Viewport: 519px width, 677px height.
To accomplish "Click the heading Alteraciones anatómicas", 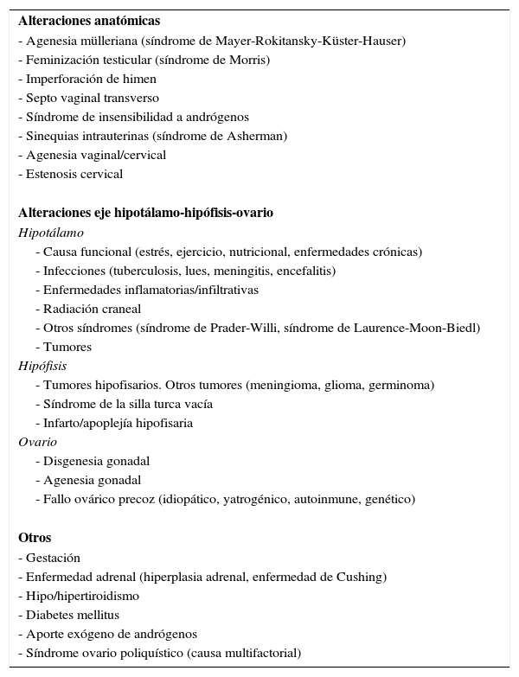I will point(77,22).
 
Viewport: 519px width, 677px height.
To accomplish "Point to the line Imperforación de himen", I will point(75,79).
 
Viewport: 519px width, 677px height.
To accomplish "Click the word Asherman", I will point(257,136).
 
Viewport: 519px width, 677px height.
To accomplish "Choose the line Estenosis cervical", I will point(71,174).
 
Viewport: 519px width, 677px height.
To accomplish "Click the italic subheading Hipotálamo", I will point(51,233).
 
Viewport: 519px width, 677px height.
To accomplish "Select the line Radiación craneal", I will point(88,309).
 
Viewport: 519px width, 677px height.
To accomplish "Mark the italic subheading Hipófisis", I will point(42,366).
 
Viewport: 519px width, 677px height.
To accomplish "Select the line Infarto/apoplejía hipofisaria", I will point(113,423).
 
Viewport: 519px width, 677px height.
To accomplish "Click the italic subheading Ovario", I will point(38,442).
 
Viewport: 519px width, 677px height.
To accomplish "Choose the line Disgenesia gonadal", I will point(93,461).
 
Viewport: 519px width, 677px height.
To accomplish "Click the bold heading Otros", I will point(35,539).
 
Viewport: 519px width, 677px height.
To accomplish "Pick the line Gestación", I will point(48,558).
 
